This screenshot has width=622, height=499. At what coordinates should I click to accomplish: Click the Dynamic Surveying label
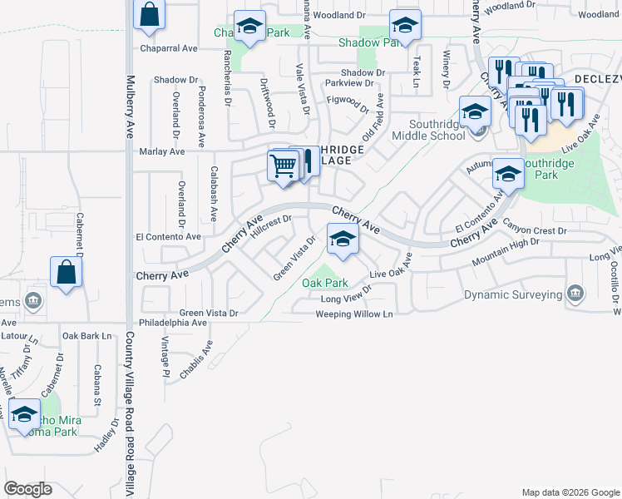click(x=513, y=294)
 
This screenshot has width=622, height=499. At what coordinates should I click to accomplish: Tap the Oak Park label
click(x=324, y=283)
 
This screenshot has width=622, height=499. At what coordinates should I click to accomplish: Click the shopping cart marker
click(x=283, y=166)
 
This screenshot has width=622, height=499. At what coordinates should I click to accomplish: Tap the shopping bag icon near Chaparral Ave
click(x=149, y=14)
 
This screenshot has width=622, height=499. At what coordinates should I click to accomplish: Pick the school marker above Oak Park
click(x=342, y=240)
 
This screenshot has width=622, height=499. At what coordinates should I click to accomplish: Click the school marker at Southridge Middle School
click(x=475, y=111)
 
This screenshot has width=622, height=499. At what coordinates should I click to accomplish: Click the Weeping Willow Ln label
click(x=353, y=314)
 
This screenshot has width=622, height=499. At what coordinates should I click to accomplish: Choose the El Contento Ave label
click(x=169, y=237)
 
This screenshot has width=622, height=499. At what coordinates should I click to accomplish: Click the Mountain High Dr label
click(x=506, y=251)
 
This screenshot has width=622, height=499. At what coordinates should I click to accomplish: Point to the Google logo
click(x=28, y=489)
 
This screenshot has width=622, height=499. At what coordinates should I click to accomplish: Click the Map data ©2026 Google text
click(x=570, y=492)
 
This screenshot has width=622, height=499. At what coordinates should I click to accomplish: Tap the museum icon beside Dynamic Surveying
click(x=575, y=294)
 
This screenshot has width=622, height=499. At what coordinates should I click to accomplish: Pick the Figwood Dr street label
click(x=348, y=102)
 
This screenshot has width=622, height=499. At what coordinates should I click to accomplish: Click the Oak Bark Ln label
click(x=86, y=336)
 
